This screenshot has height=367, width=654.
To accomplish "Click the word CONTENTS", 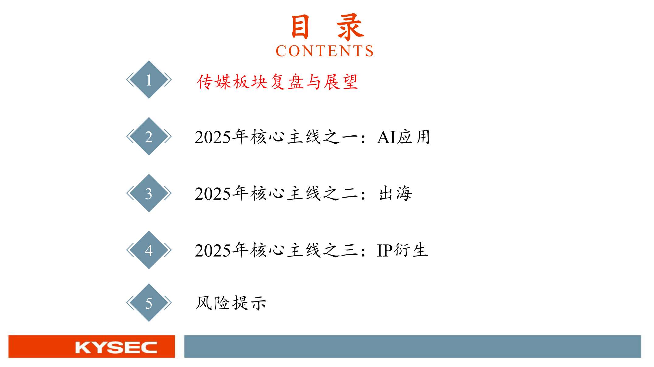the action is tap(325, 51).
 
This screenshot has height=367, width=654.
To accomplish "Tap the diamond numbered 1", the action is tap(149, 80).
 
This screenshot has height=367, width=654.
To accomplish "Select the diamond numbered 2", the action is tap(149, 136).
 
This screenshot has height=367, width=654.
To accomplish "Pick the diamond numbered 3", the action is tap(149, 193).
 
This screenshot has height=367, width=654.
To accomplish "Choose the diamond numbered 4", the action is tap(149, 250).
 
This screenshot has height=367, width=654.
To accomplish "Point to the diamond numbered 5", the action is tap(149, 303).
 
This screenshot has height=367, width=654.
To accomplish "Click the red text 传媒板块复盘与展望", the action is tap(277, 82).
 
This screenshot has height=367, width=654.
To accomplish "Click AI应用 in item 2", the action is tap(404, 137).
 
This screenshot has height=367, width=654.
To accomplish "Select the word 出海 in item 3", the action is tap(395, 193).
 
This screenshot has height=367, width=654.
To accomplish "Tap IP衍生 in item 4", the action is tap(402, 250).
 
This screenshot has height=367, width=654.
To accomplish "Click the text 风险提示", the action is tap(231, 303).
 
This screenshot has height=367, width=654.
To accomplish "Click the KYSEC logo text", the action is tap(116, 347).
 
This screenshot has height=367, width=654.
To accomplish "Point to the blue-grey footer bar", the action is tap(412, 346).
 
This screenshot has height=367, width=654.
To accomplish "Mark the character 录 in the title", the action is tap(350, 27).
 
